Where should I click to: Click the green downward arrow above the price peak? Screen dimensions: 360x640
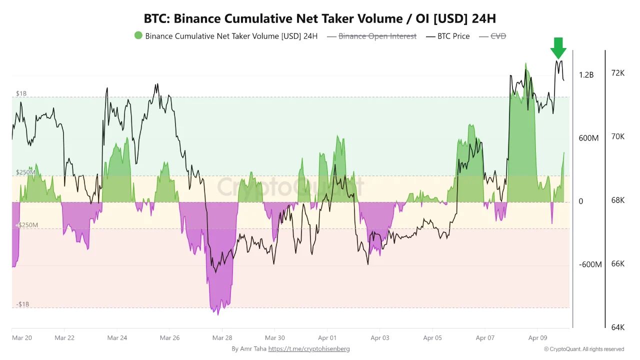pyautogui.click(x=558, y=48)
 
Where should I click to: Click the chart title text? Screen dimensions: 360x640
pyautogui.click(x=320, y=18)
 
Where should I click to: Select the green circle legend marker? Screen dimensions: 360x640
pyautogui.click(x=138, y=35)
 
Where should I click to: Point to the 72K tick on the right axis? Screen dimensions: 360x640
pyautogui.click(x=618, y=73)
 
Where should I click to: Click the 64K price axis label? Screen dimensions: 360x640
pyautogui.click(x=618, y=327)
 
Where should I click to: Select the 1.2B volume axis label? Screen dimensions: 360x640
pyautogui.click(x=586, y=75)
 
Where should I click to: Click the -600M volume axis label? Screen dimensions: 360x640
pyautogui.click(x=590, y=264)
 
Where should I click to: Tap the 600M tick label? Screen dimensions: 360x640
pyautogui.click(x=588, y=138)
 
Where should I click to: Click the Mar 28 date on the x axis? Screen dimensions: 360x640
pyautogui.click(x=222, y=338)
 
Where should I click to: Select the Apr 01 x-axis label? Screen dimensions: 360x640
pyautogui.click(x=327, y=338)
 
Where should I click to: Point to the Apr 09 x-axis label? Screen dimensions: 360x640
pyautogui.click(x=537, y=338)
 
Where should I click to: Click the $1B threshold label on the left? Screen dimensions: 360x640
pyautogui.click(x=21, y=93)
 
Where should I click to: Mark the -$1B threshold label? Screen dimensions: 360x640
pyautogui.click(x=22, y=304)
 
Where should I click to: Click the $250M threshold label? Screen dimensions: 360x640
pyautogui.click(x=25, y=172)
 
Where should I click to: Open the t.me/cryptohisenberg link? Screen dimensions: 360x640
pyautogui.click(x=309, y=349)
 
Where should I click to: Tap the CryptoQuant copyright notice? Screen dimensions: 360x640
pyautogui.click(x=584, y=349)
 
